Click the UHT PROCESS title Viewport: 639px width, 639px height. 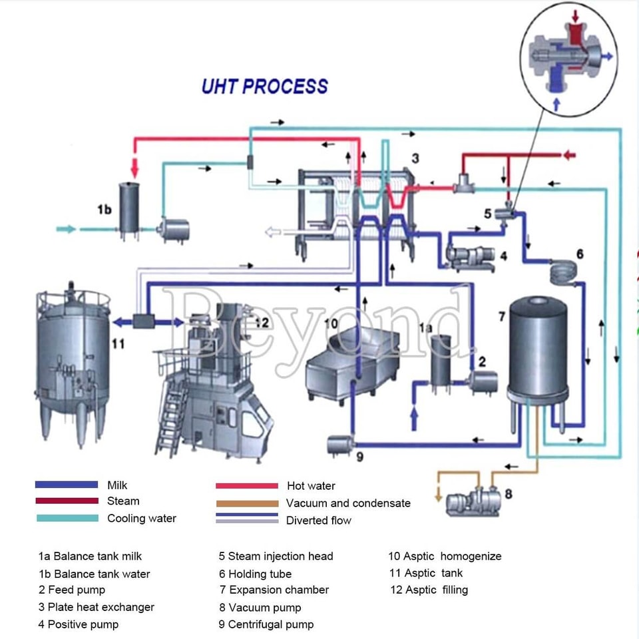(265, 87)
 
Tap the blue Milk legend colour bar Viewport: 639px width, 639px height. (67, 485)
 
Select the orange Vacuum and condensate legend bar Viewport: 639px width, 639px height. (248, 503)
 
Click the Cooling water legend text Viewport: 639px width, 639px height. (141, 519)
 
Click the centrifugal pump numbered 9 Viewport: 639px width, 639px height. (339, 445)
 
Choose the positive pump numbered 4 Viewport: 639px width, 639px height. (471, 259)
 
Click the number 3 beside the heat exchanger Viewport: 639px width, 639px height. (415, 158)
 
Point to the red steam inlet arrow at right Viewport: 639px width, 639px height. (569, 155)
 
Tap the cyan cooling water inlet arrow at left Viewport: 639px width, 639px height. (66, 229)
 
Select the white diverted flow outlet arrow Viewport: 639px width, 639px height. (273, 232)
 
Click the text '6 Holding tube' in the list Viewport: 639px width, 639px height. (255, 574)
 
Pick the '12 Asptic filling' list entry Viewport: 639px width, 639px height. (429, 590)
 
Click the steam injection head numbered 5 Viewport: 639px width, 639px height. (505, 213)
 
